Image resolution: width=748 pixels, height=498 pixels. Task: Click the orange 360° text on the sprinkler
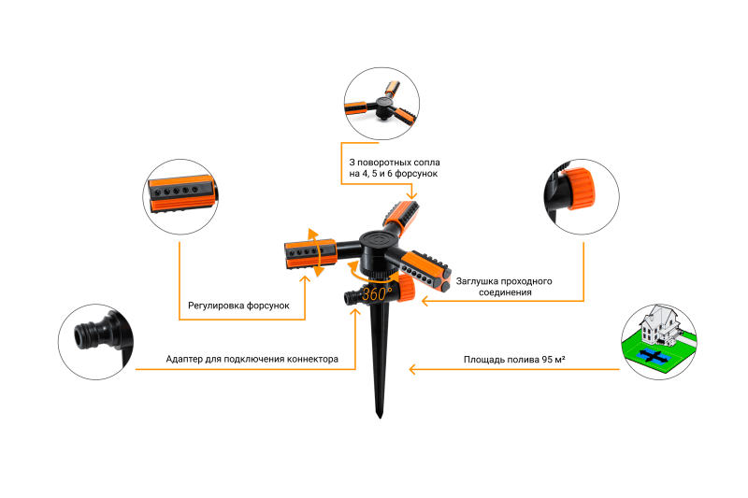377,293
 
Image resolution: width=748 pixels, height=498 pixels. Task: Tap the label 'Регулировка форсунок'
238,306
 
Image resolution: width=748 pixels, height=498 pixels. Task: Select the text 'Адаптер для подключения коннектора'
252,359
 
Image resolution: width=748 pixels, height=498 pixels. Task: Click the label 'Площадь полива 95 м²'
514,360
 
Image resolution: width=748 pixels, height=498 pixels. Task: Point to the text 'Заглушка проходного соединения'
504,287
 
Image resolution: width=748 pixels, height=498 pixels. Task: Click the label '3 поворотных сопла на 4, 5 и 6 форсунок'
394,168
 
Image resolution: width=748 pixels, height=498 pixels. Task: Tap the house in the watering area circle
660,324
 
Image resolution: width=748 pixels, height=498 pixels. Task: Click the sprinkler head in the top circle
381,104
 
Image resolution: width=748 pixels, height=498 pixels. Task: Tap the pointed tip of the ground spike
380,417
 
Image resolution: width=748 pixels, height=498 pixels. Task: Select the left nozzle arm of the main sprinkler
310,254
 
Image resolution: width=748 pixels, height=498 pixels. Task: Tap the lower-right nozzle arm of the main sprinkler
424,269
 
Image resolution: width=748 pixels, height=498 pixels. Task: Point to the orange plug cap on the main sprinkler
407,289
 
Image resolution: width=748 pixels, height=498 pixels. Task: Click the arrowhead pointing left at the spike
412,369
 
